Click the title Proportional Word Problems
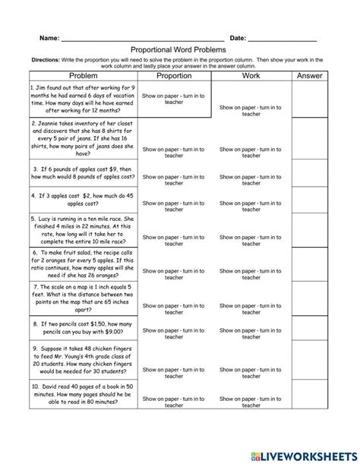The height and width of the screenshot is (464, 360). pos(179,49)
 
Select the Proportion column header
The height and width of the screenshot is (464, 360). pos(174,76)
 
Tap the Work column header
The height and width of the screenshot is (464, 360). pos(251,76)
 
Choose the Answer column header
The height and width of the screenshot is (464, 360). pos(309,76)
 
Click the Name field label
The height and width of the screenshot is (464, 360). pos(49,38)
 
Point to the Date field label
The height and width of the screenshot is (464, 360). pos(238,38)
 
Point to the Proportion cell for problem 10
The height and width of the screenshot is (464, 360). pos(174,410)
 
